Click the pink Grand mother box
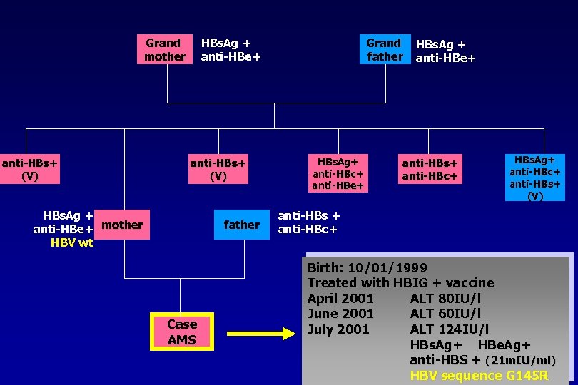tap(165, 49)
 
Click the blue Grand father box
tap(385, 49)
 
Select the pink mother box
tap(122, 225)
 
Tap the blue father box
tap(241, 225)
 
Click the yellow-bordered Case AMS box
tap(182, 332)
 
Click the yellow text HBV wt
tap(72, 242)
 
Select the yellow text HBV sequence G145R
tap(479, 376)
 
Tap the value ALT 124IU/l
tap(450, 329)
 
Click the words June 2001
tap(340, 314)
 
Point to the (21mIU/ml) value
tap(519, 361)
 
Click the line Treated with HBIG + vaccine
tap(400, 283)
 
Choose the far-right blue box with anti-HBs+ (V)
tap(534, 177)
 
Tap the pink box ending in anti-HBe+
tap(339, 173)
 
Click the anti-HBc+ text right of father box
tap(308, 230)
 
